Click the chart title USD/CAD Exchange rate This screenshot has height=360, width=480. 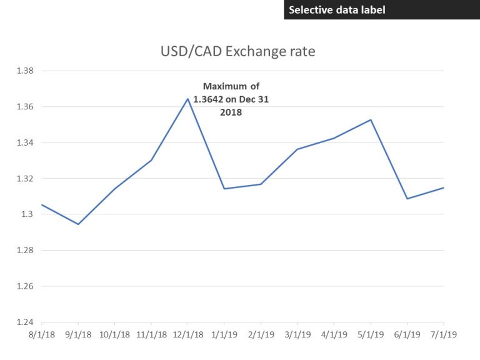(237, 51)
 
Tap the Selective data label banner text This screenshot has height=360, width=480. (337, 9)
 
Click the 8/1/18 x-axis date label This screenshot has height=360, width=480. (41, 334)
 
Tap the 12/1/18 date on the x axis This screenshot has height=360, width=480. (187, 334)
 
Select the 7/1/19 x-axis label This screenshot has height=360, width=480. (444, 334)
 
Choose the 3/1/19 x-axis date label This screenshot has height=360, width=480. (297, 334)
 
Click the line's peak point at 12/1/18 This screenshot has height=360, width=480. (187, 99)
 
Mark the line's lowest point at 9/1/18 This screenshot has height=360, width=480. (78, 224)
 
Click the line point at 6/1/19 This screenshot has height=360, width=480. (407, 199)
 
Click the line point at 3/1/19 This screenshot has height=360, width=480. (297, 149)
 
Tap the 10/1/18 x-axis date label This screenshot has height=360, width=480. (114, 334)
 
